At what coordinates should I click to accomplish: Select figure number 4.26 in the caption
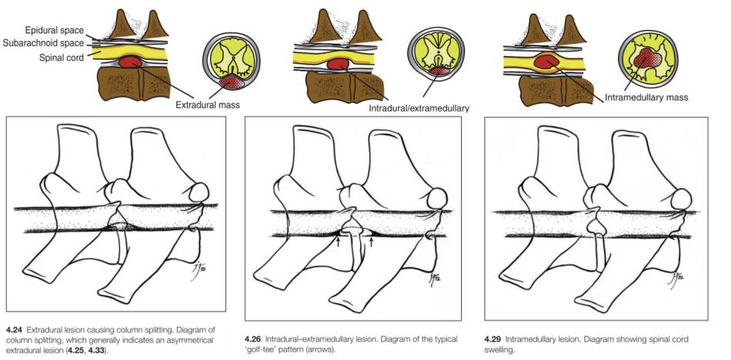tap(254, 339)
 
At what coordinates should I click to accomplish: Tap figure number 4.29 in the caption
tap(495, 338)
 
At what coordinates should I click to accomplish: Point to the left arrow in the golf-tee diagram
tap(338, 242)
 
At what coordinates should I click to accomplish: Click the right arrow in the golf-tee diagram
tap(372, 242)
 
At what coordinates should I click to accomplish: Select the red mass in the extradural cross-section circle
tap(229, 81)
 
